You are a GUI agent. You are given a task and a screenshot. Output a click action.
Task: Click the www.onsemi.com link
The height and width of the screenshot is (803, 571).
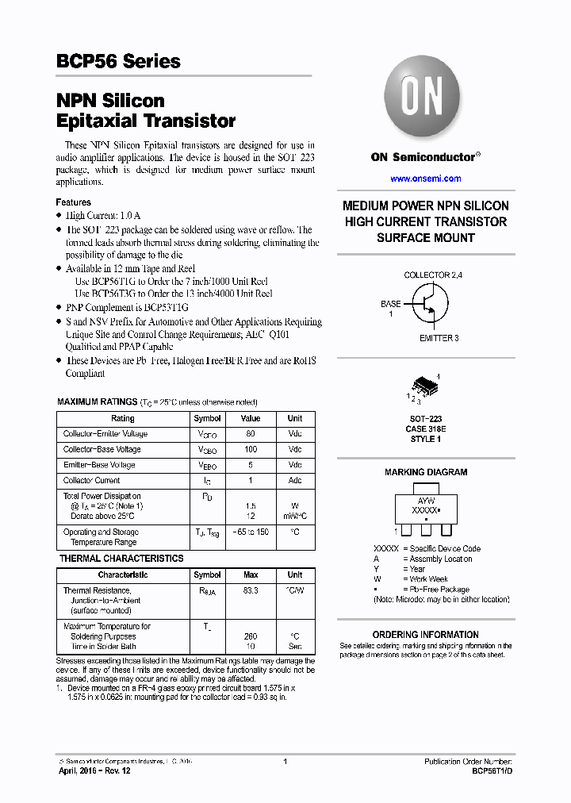[x=425, y=179]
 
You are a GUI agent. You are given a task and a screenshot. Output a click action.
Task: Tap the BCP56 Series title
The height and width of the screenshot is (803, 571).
[x=118, y=62]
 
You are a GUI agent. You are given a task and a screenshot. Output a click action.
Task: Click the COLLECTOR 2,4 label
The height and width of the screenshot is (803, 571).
[x=433, y=275]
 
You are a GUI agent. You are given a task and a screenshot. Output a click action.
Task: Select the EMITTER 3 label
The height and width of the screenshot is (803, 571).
[x=439, y=338]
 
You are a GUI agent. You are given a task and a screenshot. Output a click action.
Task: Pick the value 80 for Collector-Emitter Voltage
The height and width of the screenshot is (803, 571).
[x=251, y=434]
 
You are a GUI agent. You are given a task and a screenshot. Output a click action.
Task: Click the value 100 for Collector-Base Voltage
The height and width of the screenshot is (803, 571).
[x=251, y=449]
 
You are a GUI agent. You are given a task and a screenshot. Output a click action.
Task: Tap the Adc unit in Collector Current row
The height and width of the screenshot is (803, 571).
[x=295, y=480]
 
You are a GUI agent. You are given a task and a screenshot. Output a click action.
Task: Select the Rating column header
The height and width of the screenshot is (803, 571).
[x=123, y=418]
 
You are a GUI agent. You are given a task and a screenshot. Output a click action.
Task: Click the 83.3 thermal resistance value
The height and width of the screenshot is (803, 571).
[x=251, y=590]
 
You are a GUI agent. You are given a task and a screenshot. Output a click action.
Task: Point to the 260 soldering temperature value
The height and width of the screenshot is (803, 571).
[x=251, y=636]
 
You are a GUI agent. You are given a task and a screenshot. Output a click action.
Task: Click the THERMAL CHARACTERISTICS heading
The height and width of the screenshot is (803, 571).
[x=121, y=559]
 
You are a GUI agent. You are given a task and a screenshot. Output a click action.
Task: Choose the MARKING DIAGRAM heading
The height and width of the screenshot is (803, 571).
[x=426, y=472]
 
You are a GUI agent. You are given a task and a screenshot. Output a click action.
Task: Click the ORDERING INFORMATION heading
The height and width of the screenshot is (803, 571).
[x=426, y=635]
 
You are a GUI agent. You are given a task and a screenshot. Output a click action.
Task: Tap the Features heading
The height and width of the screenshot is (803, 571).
[x=73, y=202]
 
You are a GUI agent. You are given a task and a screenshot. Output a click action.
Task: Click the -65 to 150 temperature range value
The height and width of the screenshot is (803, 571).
[x=251, y=532]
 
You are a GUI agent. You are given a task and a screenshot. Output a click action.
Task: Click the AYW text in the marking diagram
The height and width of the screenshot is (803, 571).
[x=427, y=502]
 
